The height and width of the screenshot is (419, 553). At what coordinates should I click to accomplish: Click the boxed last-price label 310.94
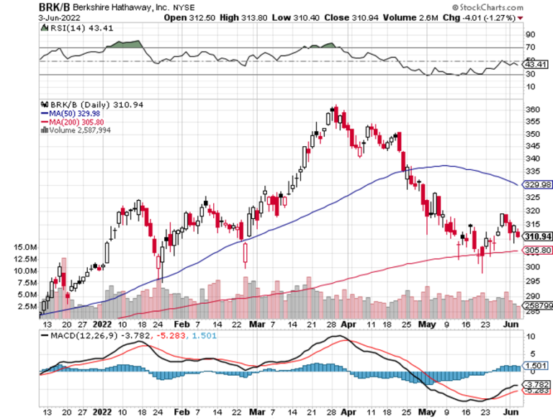(x=536, y=236)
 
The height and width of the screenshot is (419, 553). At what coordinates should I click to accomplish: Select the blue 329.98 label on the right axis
(x=537, y=185)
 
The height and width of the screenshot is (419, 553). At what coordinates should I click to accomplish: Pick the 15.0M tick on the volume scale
(x=24, y=246)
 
